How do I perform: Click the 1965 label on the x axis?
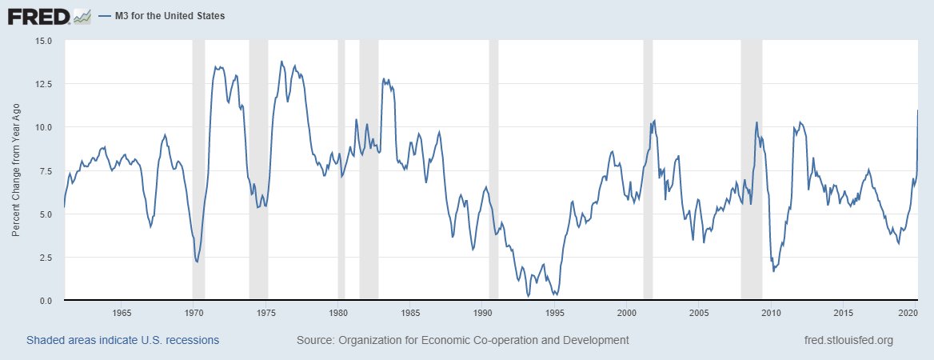[x=122, y=312]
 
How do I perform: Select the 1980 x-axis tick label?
[x=338, y=312]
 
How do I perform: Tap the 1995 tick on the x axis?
[x=555, y=312]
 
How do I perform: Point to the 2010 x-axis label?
[x=772, y=312]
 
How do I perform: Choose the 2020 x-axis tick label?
[x=908, y=312]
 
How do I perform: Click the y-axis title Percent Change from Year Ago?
[x=17, y=170]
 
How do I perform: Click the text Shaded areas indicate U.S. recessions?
[x=122, y=340]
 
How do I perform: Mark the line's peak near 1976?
[x=281, y=62]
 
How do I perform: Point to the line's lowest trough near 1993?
[x=529, y=296]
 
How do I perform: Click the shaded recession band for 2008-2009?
[x=751, y=170]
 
